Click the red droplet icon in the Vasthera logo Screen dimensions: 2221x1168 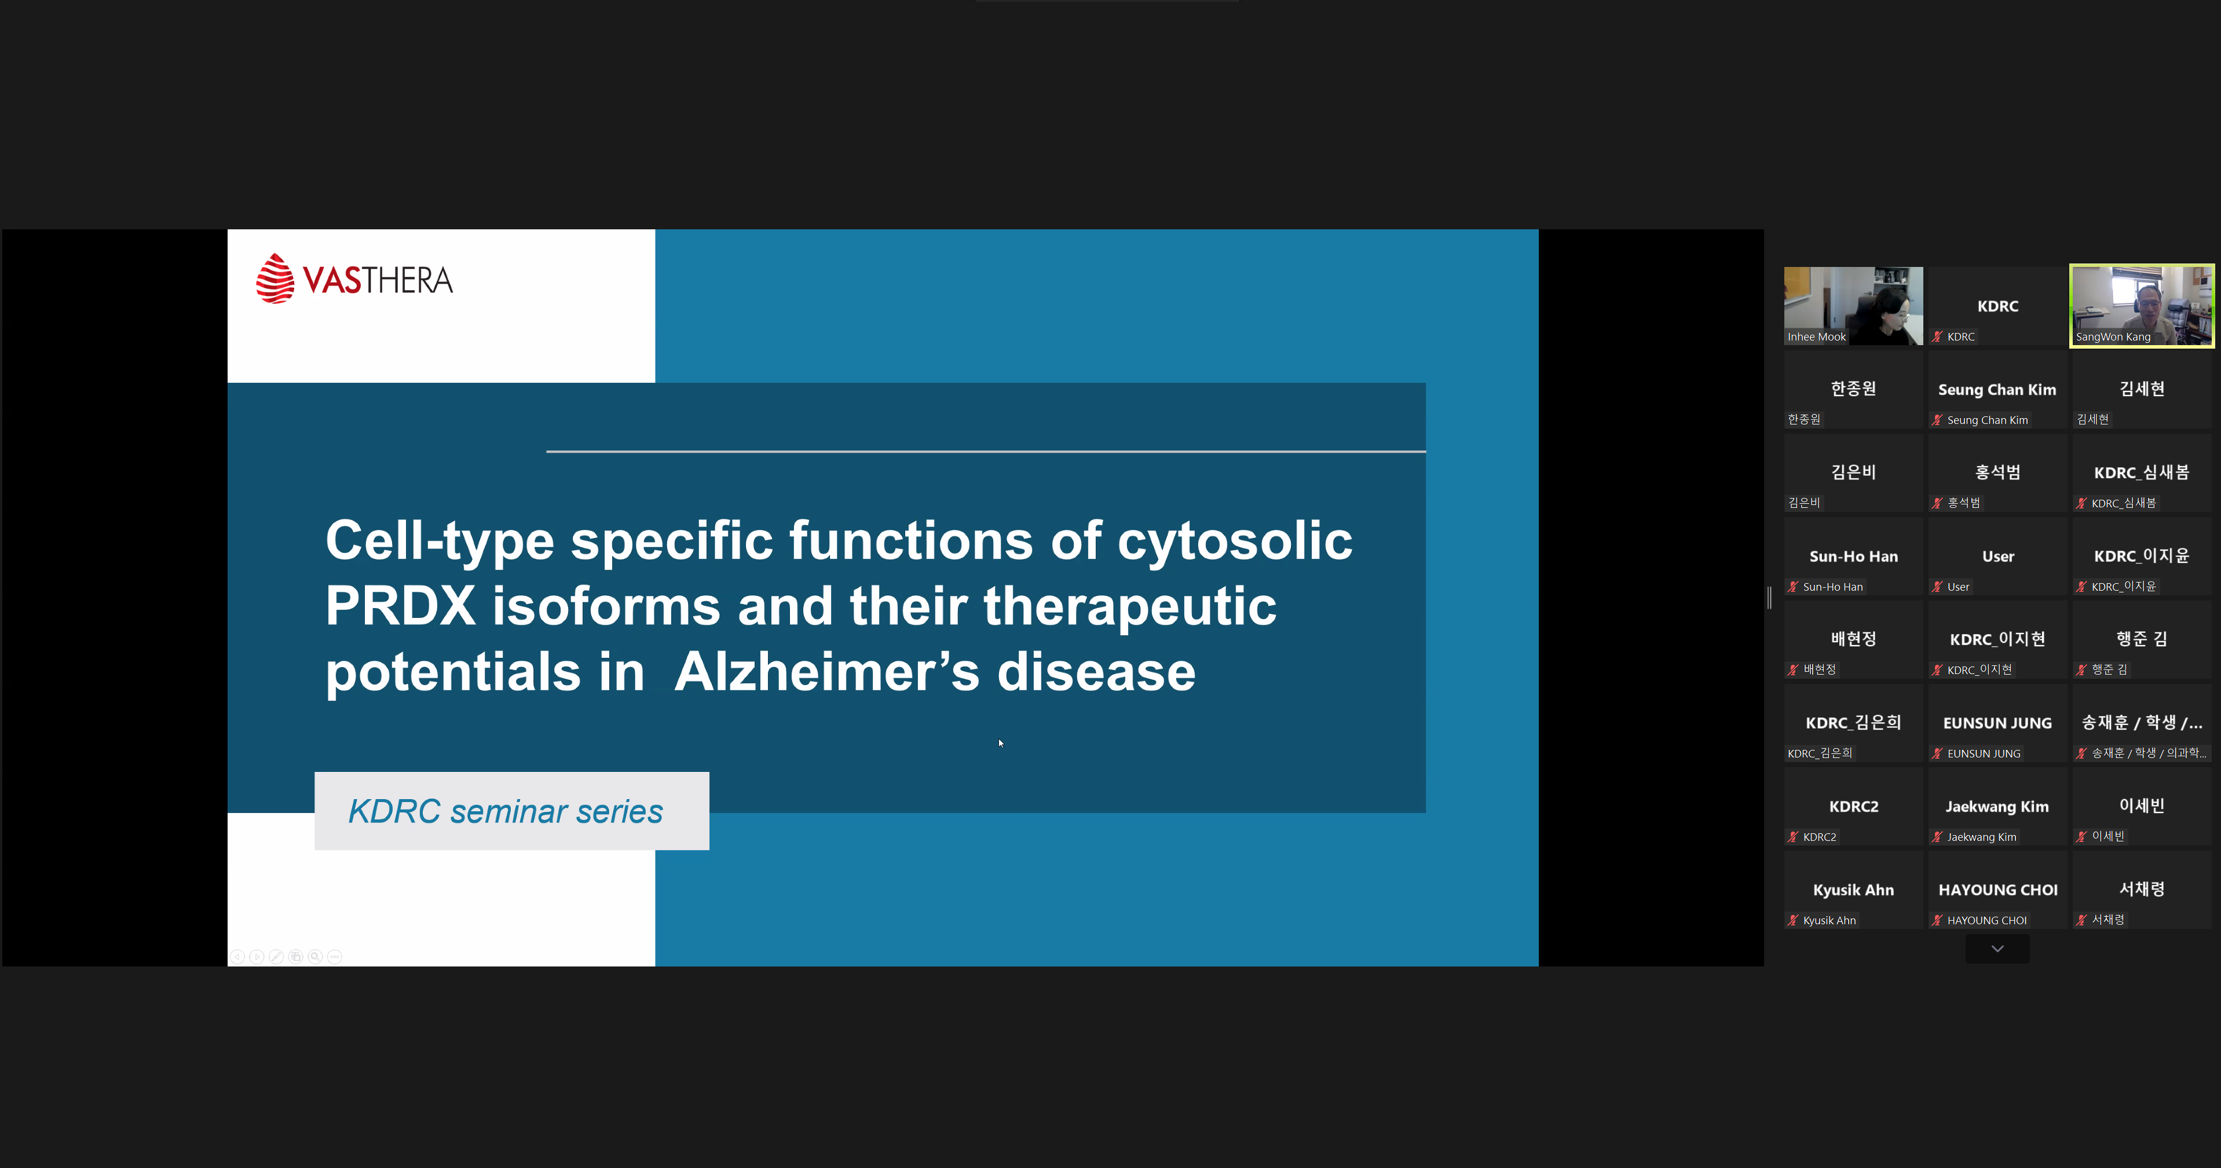pos(275,279)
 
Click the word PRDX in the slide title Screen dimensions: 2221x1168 pos(401,605)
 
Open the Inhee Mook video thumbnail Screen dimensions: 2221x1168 pos(1853,306)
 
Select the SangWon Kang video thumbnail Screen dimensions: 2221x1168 pos(2142,306)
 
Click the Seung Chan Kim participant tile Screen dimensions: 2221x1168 pos(1997,390)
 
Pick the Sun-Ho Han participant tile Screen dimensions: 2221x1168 pos(1853,557)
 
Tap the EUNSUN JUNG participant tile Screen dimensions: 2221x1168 pos(1997,723)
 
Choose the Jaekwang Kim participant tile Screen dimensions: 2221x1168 pos(1997,807)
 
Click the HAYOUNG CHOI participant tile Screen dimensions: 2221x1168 pos(1997,891)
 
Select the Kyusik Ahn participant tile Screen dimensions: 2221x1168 pos(1853,891)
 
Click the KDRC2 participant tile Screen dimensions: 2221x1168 pos(1853,807)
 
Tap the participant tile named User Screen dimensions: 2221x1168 pos(1997,557)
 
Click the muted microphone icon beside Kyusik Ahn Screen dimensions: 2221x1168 pos(1794,921)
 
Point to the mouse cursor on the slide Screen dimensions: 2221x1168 pos(1001,743)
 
